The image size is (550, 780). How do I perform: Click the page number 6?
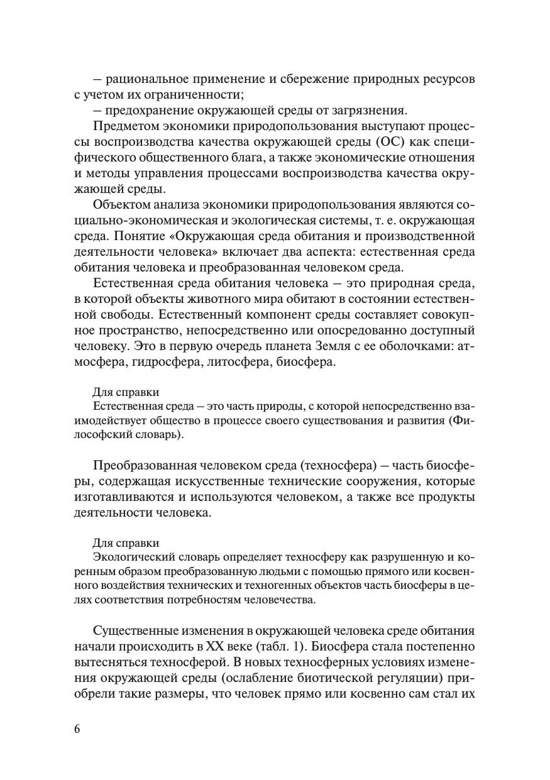point(77,729)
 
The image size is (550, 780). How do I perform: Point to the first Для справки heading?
point(126,392)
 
